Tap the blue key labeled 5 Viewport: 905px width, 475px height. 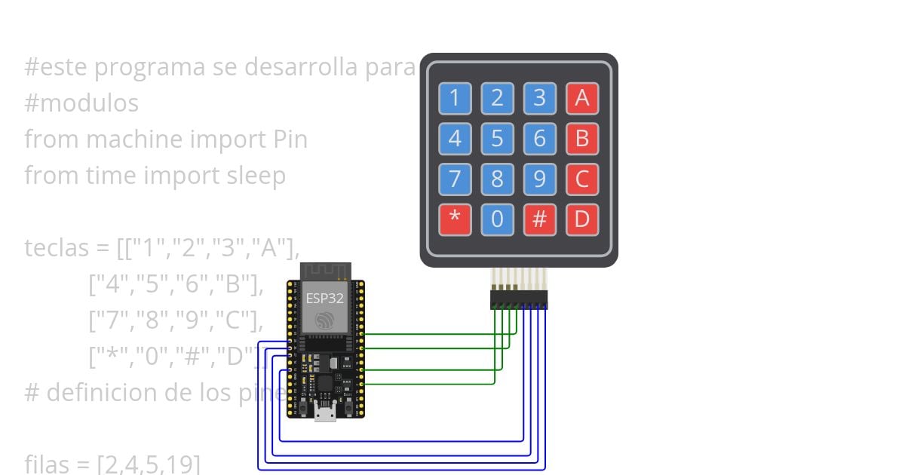pos(497,139)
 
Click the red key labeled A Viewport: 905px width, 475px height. pos(581,98)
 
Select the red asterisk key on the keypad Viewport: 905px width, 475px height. pos(455,219)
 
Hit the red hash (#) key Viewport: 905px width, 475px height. pos(539,219)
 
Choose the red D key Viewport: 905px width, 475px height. pos(581,219)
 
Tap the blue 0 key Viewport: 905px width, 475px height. pos(497,219)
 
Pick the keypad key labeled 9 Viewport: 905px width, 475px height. pos(539,179)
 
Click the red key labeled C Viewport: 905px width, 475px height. pos(581,179)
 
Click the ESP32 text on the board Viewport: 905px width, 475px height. pos(324,298)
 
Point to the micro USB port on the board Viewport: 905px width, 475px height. pos(326,412)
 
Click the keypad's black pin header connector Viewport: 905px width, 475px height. pos(519,300)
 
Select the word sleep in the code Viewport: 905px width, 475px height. pos(256,176)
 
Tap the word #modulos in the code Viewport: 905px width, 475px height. pos(81,103)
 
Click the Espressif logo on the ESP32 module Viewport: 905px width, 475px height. pos(324,320)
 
